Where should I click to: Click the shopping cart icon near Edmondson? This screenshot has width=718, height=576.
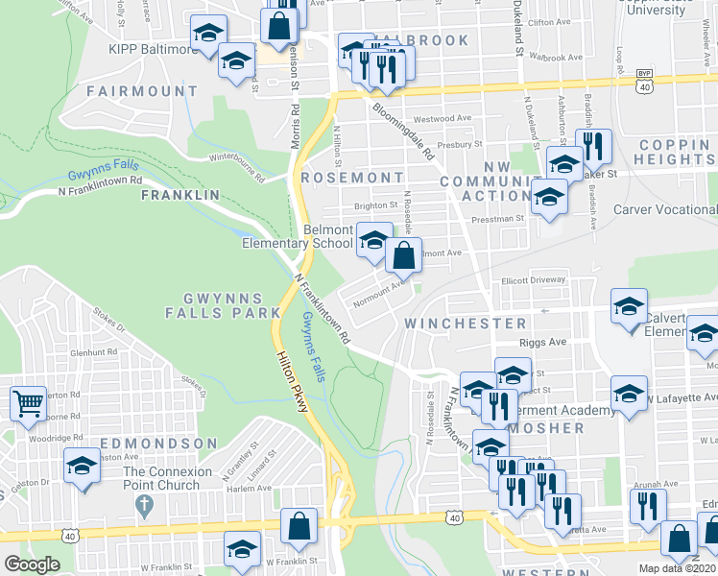pos(27,403)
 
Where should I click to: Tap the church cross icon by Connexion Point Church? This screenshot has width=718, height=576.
pos(144,503)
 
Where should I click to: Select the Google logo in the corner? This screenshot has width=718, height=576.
pos(32,564)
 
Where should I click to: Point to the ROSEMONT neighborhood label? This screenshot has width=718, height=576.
pos(352,178)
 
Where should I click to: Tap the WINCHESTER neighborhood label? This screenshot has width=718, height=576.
pos(466,324)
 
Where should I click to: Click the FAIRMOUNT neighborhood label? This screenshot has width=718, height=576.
pos(141,91)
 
